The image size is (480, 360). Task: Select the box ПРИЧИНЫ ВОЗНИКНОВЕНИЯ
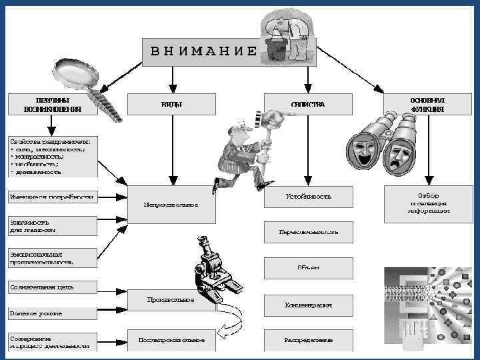point(52,104)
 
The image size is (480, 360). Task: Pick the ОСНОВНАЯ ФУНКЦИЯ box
point(427,104)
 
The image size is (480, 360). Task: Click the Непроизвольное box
point(171,202)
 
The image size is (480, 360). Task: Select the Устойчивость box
point(308,197)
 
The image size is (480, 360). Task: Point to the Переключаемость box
point(308,232)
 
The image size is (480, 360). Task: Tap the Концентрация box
point(308,304)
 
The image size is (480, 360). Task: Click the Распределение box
point(308,340)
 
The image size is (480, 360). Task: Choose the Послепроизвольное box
point(171,340)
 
